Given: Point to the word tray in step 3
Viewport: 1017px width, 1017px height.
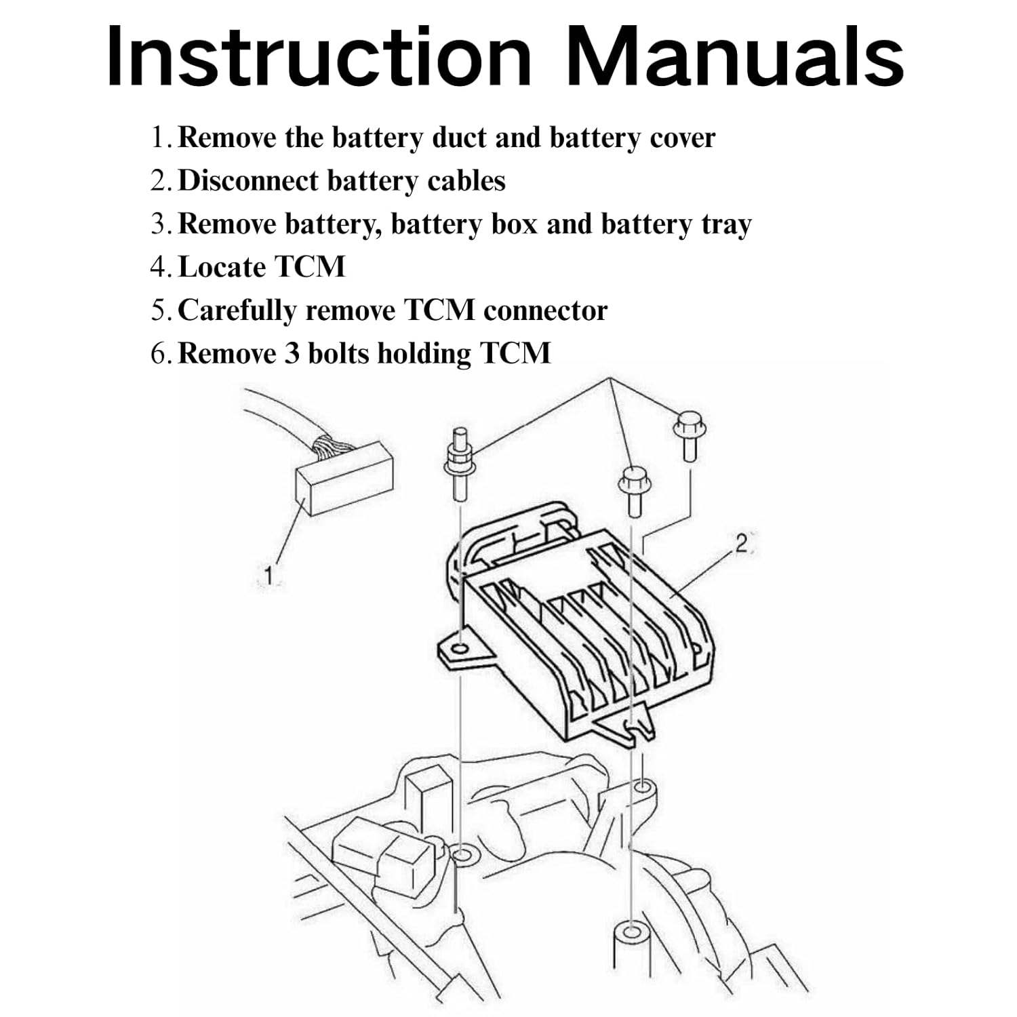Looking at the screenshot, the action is [725, 225].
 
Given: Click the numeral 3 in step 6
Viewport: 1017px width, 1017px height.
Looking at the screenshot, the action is [292, 354].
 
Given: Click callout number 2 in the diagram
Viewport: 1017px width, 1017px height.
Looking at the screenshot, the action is [742, 543].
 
